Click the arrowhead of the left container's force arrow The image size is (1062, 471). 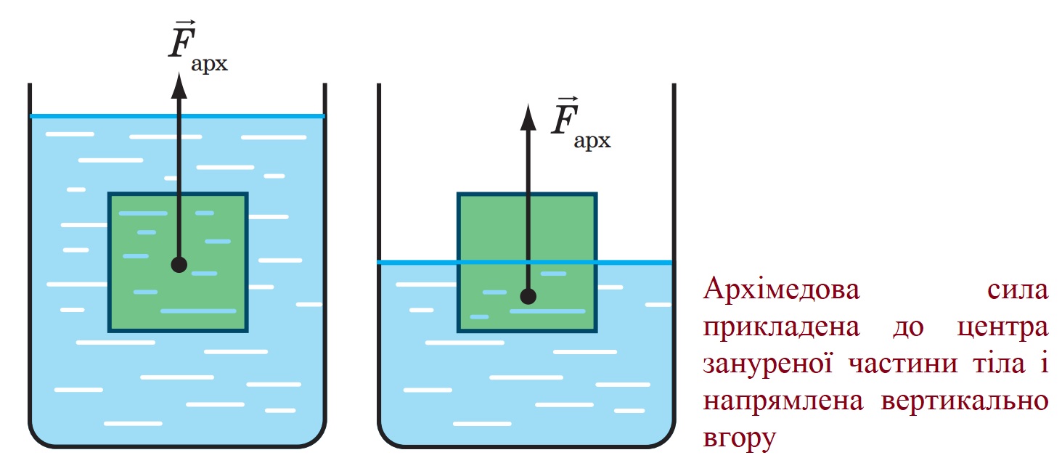pos(179,86)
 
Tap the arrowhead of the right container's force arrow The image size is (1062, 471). pos(528,117)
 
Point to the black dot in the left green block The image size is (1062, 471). pos(179,264)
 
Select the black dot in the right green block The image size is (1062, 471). pos(528,297)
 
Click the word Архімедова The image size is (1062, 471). pos(781,290)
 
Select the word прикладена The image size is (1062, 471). pos(781,328)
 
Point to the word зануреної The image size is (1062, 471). pos(767,364)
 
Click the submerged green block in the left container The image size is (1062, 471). pos(178,263)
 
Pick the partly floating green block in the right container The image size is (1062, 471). pos(527,263)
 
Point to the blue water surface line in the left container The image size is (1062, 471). pos(177,116)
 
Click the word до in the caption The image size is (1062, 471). pos(908,328)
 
